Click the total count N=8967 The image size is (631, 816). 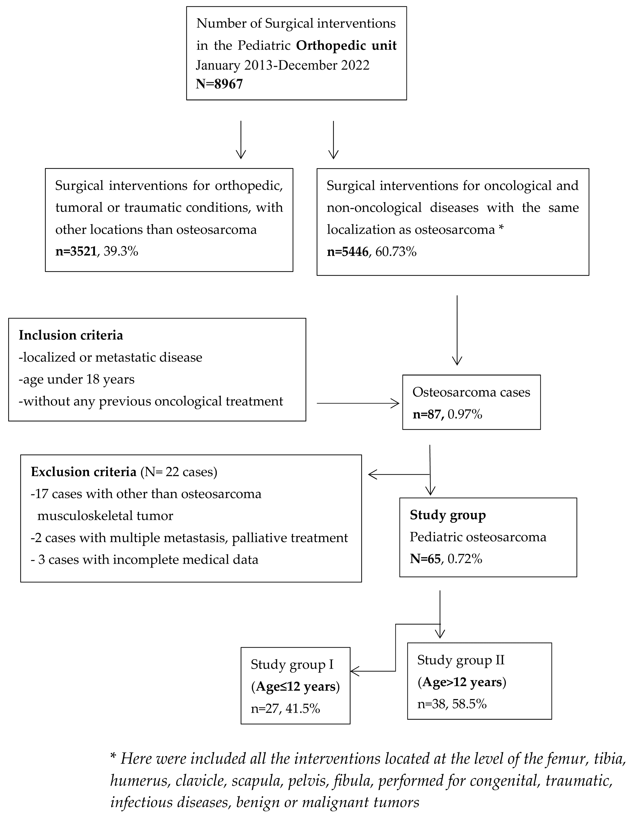click(219, 84)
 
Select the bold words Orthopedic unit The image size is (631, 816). click(346, 45)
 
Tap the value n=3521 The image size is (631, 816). click(76, 251)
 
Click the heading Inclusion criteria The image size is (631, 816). click(71, 335)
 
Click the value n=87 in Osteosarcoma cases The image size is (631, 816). click(428, 414)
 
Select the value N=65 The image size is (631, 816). click(425, 559)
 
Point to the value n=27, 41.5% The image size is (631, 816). click(286, 708)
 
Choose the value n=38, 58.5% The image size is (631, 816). click(452, 704)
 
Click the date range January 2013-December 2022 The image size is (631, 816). click(282, 65)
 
